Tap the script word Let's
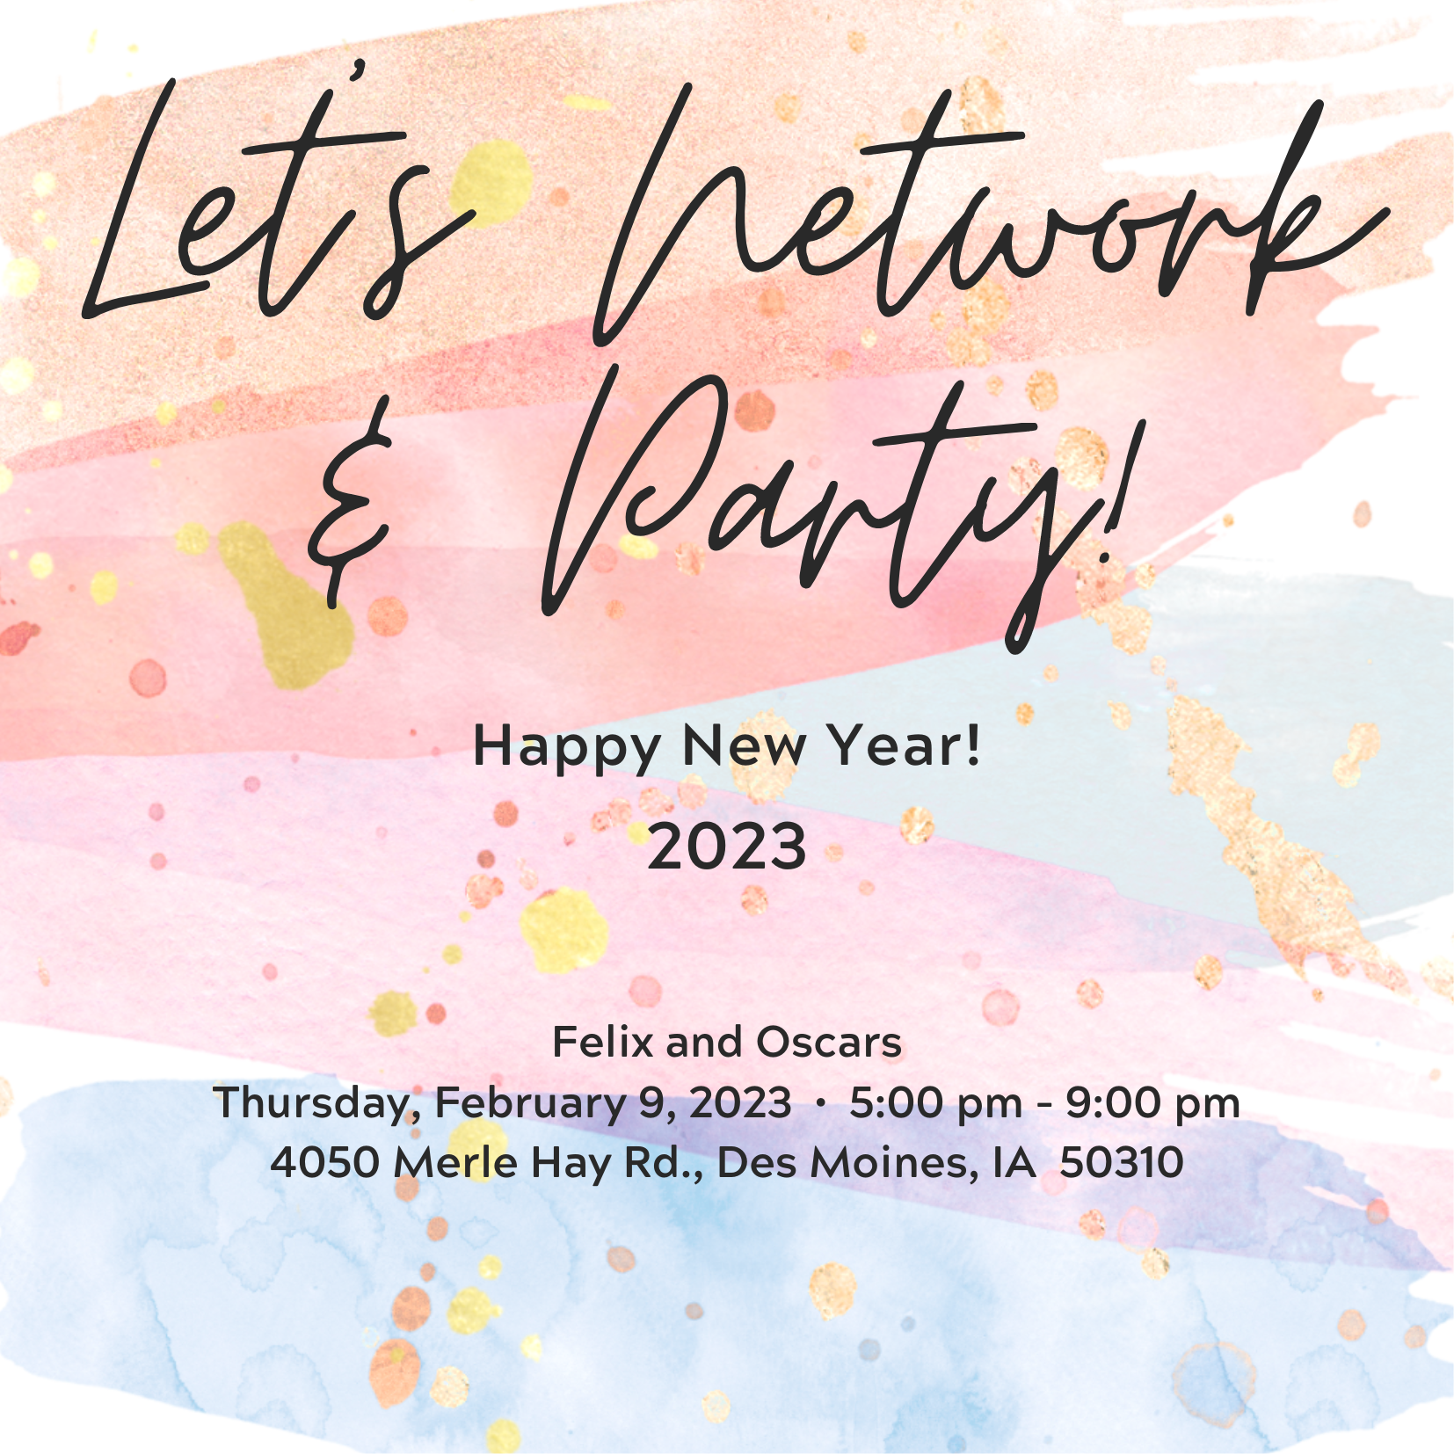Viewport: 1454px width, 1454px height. tap(273, 202)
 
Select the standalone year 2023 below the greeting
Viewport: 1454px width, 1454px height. tap(727, 847)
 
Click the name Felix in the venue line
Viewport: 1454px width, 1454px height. tap(603, 1043)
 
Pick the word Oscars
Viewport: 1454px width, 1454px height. tap(829, 1043)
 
